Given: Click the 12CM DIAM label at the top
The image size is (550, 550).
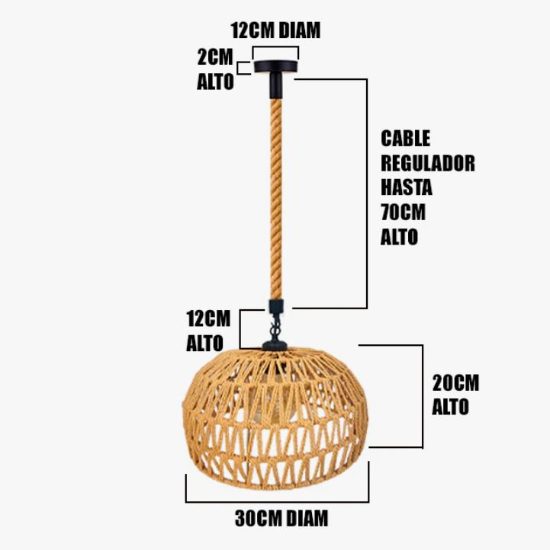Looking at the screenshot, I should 276,30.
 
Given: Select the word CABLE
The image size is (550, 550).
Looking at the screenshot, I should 406,139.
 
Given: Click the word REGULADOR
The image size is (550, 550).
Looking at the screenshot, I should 427,163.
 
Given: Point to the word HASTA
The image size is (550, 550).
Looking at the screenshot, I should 407,187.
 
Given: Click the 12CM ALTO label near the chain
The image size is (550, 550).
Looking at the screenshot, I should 207,330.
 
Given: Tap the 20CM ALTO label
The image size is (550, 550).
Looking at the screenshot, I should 455,395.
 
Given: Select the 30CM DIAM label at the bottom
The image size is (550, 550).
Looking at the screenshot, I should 281,519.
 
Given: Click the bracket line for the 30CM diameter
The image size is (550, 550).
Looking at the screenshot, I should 277,501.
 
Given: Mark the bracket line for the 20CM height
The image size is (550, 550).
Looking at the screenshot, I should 421,396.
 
